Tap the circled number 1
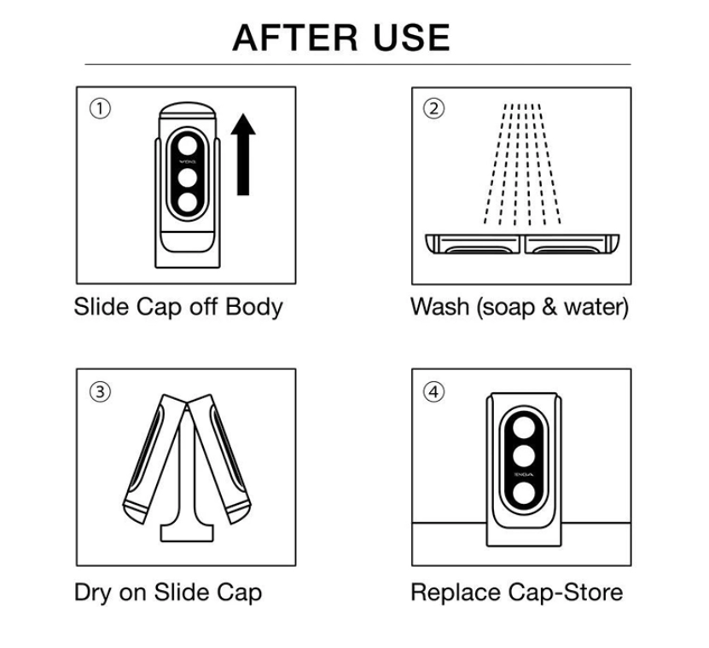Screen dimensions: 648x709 (101, 109)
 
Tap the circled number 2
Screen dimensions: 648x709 (435, 109)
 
